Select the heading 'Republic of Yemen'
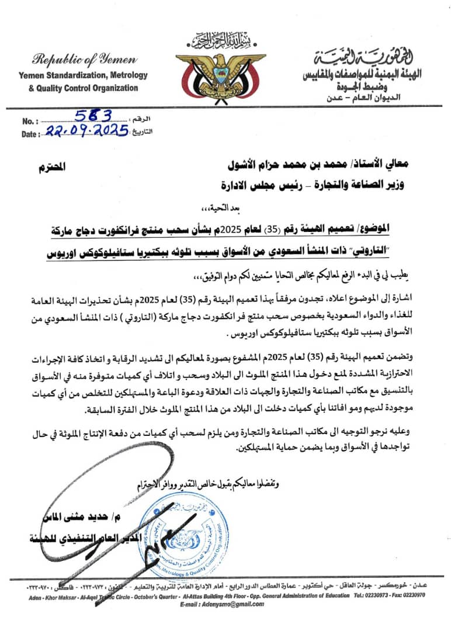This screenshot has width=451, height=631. tap(85, 59)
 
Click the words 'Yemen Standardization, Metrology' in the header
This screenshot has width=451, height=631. tap(83, 75)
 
